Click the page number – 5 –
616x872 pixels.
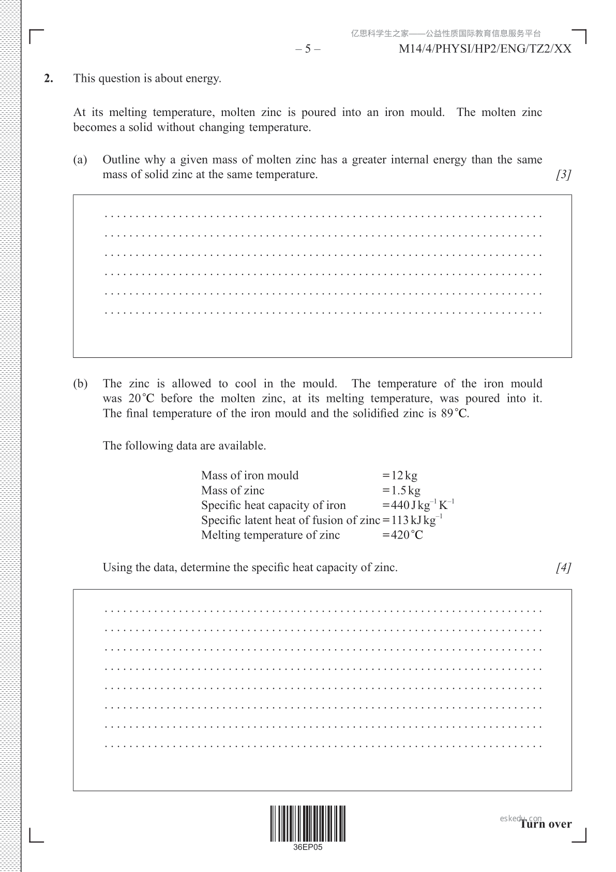pos(308,49)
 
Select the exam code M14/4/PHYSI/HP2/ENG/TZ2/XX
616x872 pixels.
pos(485,49)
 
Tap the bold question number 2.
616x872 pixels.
pos(49,79)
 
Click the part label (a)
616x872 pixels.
pos(80,160)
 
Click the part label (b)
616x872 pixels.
pos(80,384)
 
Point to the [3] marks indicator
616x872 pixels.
pos(563,175)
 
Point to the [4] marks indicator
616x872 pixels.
pos(563,568)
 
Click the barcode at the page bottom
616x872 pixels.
pos(308,823)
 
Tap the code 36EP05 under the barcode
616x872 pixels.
pos(308,848)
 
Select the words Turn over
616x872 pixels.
pos(546,824)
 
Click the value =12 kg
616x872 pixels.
pos(399,475)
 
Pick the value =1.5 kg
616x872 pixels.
pos(401,490)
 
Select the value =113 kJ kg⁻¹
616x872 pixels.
pos(412,520)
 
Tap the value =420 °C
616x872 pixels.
pos(402,535)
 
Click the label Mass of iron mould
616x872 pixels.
pos(250,475)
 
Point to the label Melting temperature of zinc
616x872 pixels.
pos(271,535)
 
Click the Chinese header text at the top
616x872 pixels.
pos(446,34)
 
